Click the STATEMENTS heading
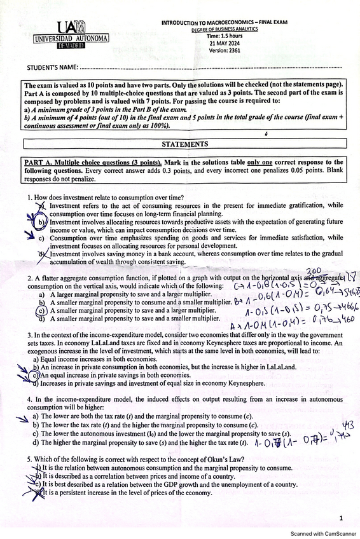pyautogui.click(x=184, y=144)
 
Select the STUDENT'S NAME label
pyautogui.click(x=53, y=68)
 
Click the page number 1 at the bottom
pyautogui.click(x=341, y=518)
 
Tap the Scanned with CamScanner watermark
pyautogui.click(x=321, y=533)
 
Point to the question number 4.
pyautogui.click(x=29, y=399)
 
